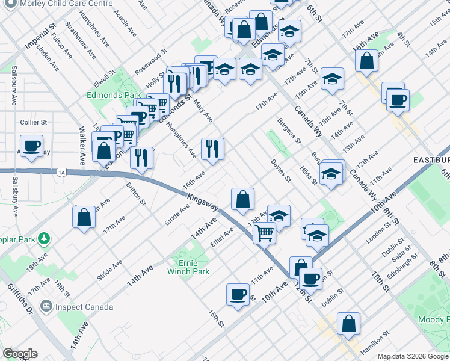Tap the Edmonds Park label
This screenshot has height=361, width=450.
tap(114, 95)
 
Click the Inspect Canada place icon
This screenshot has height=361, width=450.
tap(46, 307)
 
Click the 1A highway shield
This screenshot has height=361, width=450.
tap(62, 172)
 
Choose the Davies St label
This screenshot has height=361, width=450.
tap(281, 171)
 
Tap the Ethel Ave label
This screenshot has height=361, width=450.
tap(221, 237)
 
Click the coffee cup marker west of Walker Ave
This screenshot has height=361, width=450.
tap(31, 145)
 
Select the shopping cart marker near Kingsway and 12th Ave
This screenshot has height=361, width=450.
tap(265, 232)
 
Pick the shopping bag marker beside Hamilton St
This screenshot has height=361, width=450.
tap(349, 323)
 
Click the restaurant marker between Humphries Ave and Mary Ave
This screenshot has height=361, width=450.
tap(212, 149)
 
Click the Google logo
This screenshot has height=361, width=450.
tap(20, 353)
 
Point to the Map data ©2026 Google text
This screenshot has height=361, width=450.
tap(413, 356)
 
